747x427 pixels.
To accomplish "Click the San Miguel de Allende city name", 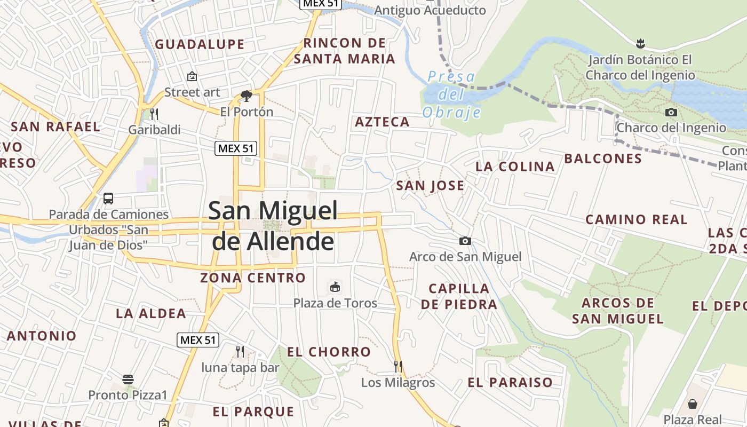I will click(273, 226).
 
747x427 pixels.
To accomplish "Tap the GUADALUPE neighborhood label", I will click(200, 44).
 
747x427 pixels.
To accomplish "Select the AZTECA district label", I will click(382, 122).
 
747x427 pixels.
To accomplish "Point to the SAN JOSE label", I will click(430, 186).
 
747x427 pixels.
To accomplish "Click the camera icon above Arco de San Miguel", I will click(465, 241).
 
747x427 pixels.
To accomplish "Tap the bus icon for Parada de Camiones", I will click(108, 199).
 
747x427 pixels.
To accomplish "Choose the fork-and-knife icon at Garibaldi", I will click(154, 114).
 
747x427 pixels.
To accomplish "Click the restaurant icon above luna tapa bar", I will click(240, 351).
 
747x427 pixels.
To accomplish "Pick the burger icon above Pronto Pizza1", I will click(128, 379).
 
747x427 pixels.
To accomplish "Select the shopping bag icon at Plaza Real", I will click(693, 404).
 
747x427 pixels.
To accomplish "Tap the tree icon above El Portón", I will click(246, 96).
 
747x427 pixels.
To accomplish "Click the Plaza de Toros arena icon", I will click(335, 287).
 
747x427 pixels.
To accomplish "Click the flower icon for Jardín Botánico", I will click(640, 43).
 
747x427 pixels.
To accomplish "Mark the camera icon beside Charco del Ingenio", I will click(671, 112).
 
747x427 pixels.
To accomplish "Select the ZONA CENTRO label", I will click(253, 278).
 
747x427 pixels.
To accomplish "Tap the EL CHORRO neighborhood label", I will click(329, 352).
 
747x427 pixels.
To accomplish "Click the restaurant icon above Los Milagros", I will click(398, 366).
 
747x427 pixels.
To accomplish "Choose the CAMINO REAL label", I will click(636, 219).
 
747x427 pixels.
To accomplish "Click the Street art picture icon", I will click(192, 76).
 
